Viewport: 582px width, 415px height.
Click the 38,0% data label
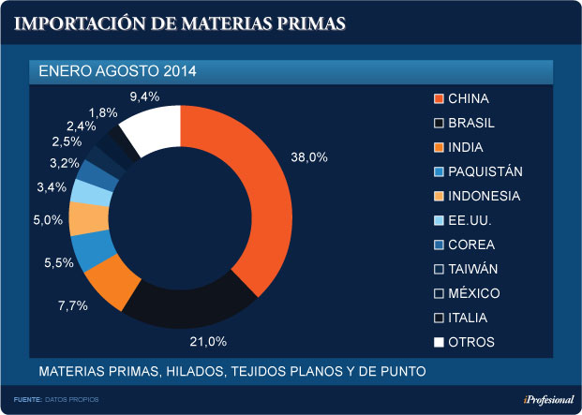pos(310,157)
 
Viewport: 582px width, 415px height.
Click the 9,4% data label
pos(144,96)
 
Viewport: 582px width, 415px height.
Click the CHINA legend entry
pos(468,99)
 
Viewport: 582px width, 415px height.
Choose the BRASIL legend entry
pos(471,124)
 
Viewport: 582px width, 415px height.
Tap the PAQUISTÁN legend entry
pos(485,172)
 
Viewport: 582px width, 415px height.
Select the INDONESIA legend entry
pos(484,197)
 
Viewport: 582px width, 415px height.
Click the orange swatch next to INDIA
pos(438,148)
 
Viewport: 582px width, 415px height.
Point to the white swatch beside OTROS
pos(438,342)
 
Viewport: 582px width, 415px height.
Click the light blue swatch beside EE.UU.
pos(438,221)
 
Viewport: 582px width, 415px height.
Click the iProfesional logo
pos(548,400)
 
